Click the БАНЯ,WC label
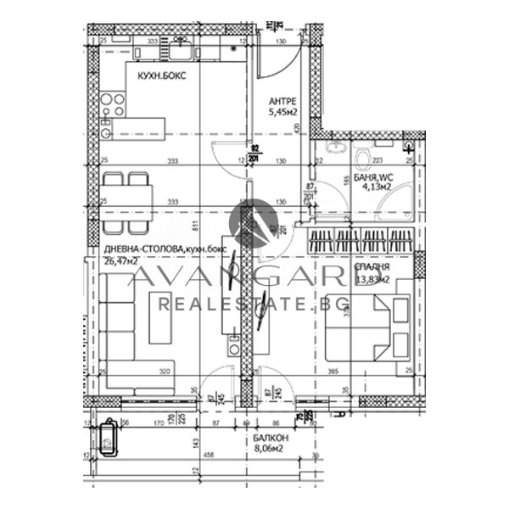click(372, 177)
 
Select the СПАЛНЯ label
click(372, 266)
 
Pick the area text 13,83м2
click(372, 278)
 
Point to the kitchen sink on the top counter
click(181, 52)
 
